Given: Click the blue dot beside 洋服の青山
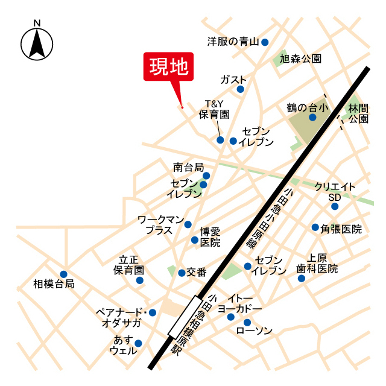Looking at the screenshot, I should coord(264,42).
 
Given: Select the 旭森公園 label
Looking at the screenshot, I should coord(300,59).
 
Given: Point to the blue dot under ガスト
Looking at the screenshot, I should coord(240,89).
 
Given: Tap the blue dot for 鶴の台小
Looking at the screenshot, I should coord(312,118).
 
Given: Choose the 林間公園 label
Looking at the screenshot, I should coord(358,113).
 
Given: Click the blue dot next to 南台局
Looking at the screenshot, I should coord(206,176).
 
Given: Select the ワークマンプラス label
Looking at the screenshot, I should coord(160,225).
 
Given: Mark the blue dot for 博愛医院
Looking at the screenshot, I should coord(194,240).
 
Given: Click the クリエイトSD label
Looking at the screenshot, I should coord(335,192).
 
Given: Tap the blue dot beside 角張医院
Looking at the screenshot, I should coord(315,227).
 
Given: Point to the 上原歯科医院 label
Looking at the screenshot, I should coord(317,263).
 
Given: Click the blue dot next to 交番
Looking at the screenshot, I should coord(182,273).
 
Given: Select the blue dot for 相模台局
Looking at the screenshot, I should coord(63,274).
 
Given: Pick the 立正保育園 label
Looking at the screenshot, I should coord(130,265).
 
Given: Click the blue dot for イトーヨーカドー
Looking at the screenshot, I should coord(230,317).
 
